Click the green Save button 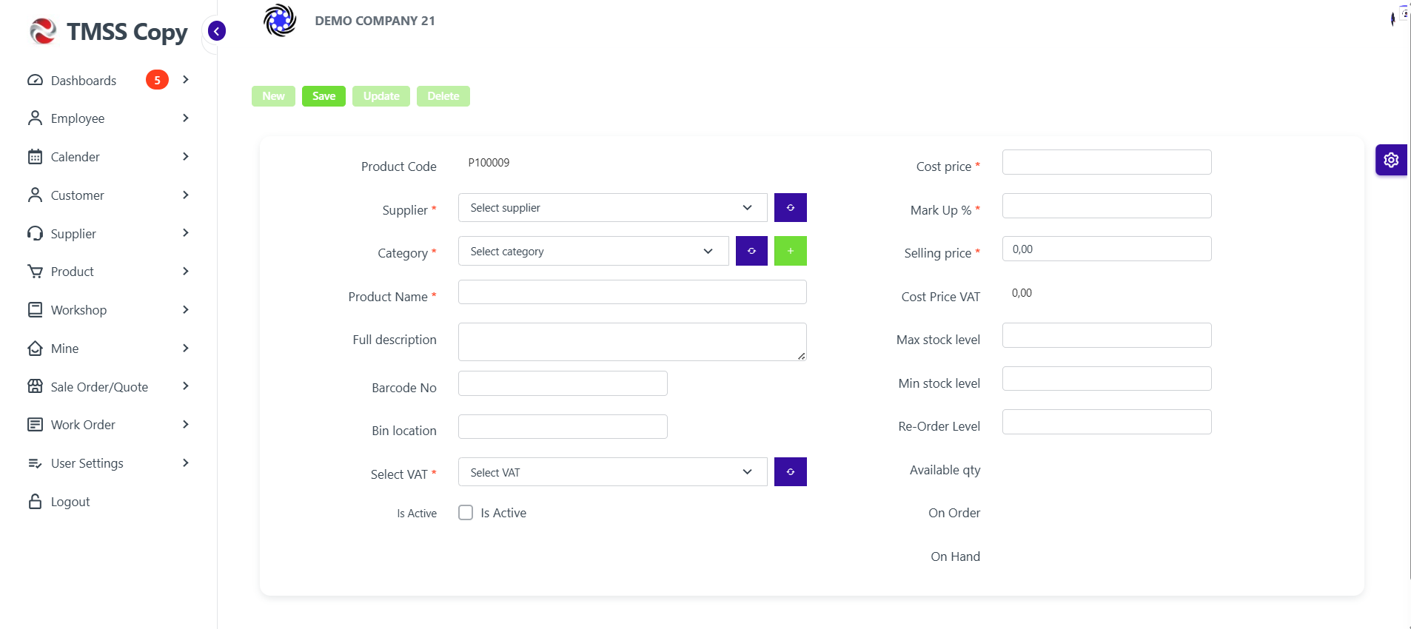[x=324, y=96]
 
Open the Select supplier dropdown [x=612, y=208]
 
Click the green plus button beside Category [x=790, y=251]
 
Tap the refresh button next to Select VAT [x=790, y=472]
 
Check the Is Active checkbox [x=466, y=513]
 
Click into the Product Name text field [x=632, y=292]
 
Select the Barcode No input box [x=563, y=383]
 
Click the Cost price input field [x=1107, y=162]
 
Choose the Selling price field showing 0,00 [x=1107, y=249]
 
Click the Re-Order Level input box [x=1107, y=422]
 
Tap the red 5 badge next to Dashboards [x=157, y=80]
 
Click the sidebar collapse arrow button [x=217, y=31]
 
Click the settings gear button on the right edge [x=1391, y=160]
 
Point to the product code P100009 [x=489, y=163]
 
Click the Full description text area [x=632, y=342]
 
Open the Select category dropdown [x=593, y=251]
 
